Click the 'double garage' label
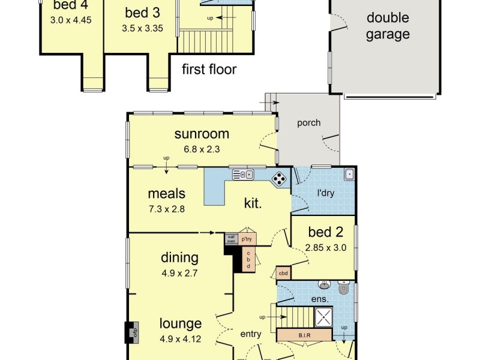point(388,26)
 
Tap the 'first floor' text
point(209,70)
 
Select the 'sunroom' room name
point(202,133)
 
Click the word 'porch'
point(309,123)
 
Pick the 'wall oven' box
point(231,238)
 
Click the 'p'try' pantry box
point(247,238)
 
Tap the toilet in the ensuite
point(344,289)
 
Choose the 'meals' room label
point(166,194)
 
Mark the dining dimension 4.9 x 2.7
point(179,272)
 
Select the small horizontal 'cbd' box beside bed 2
point(284,274)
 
